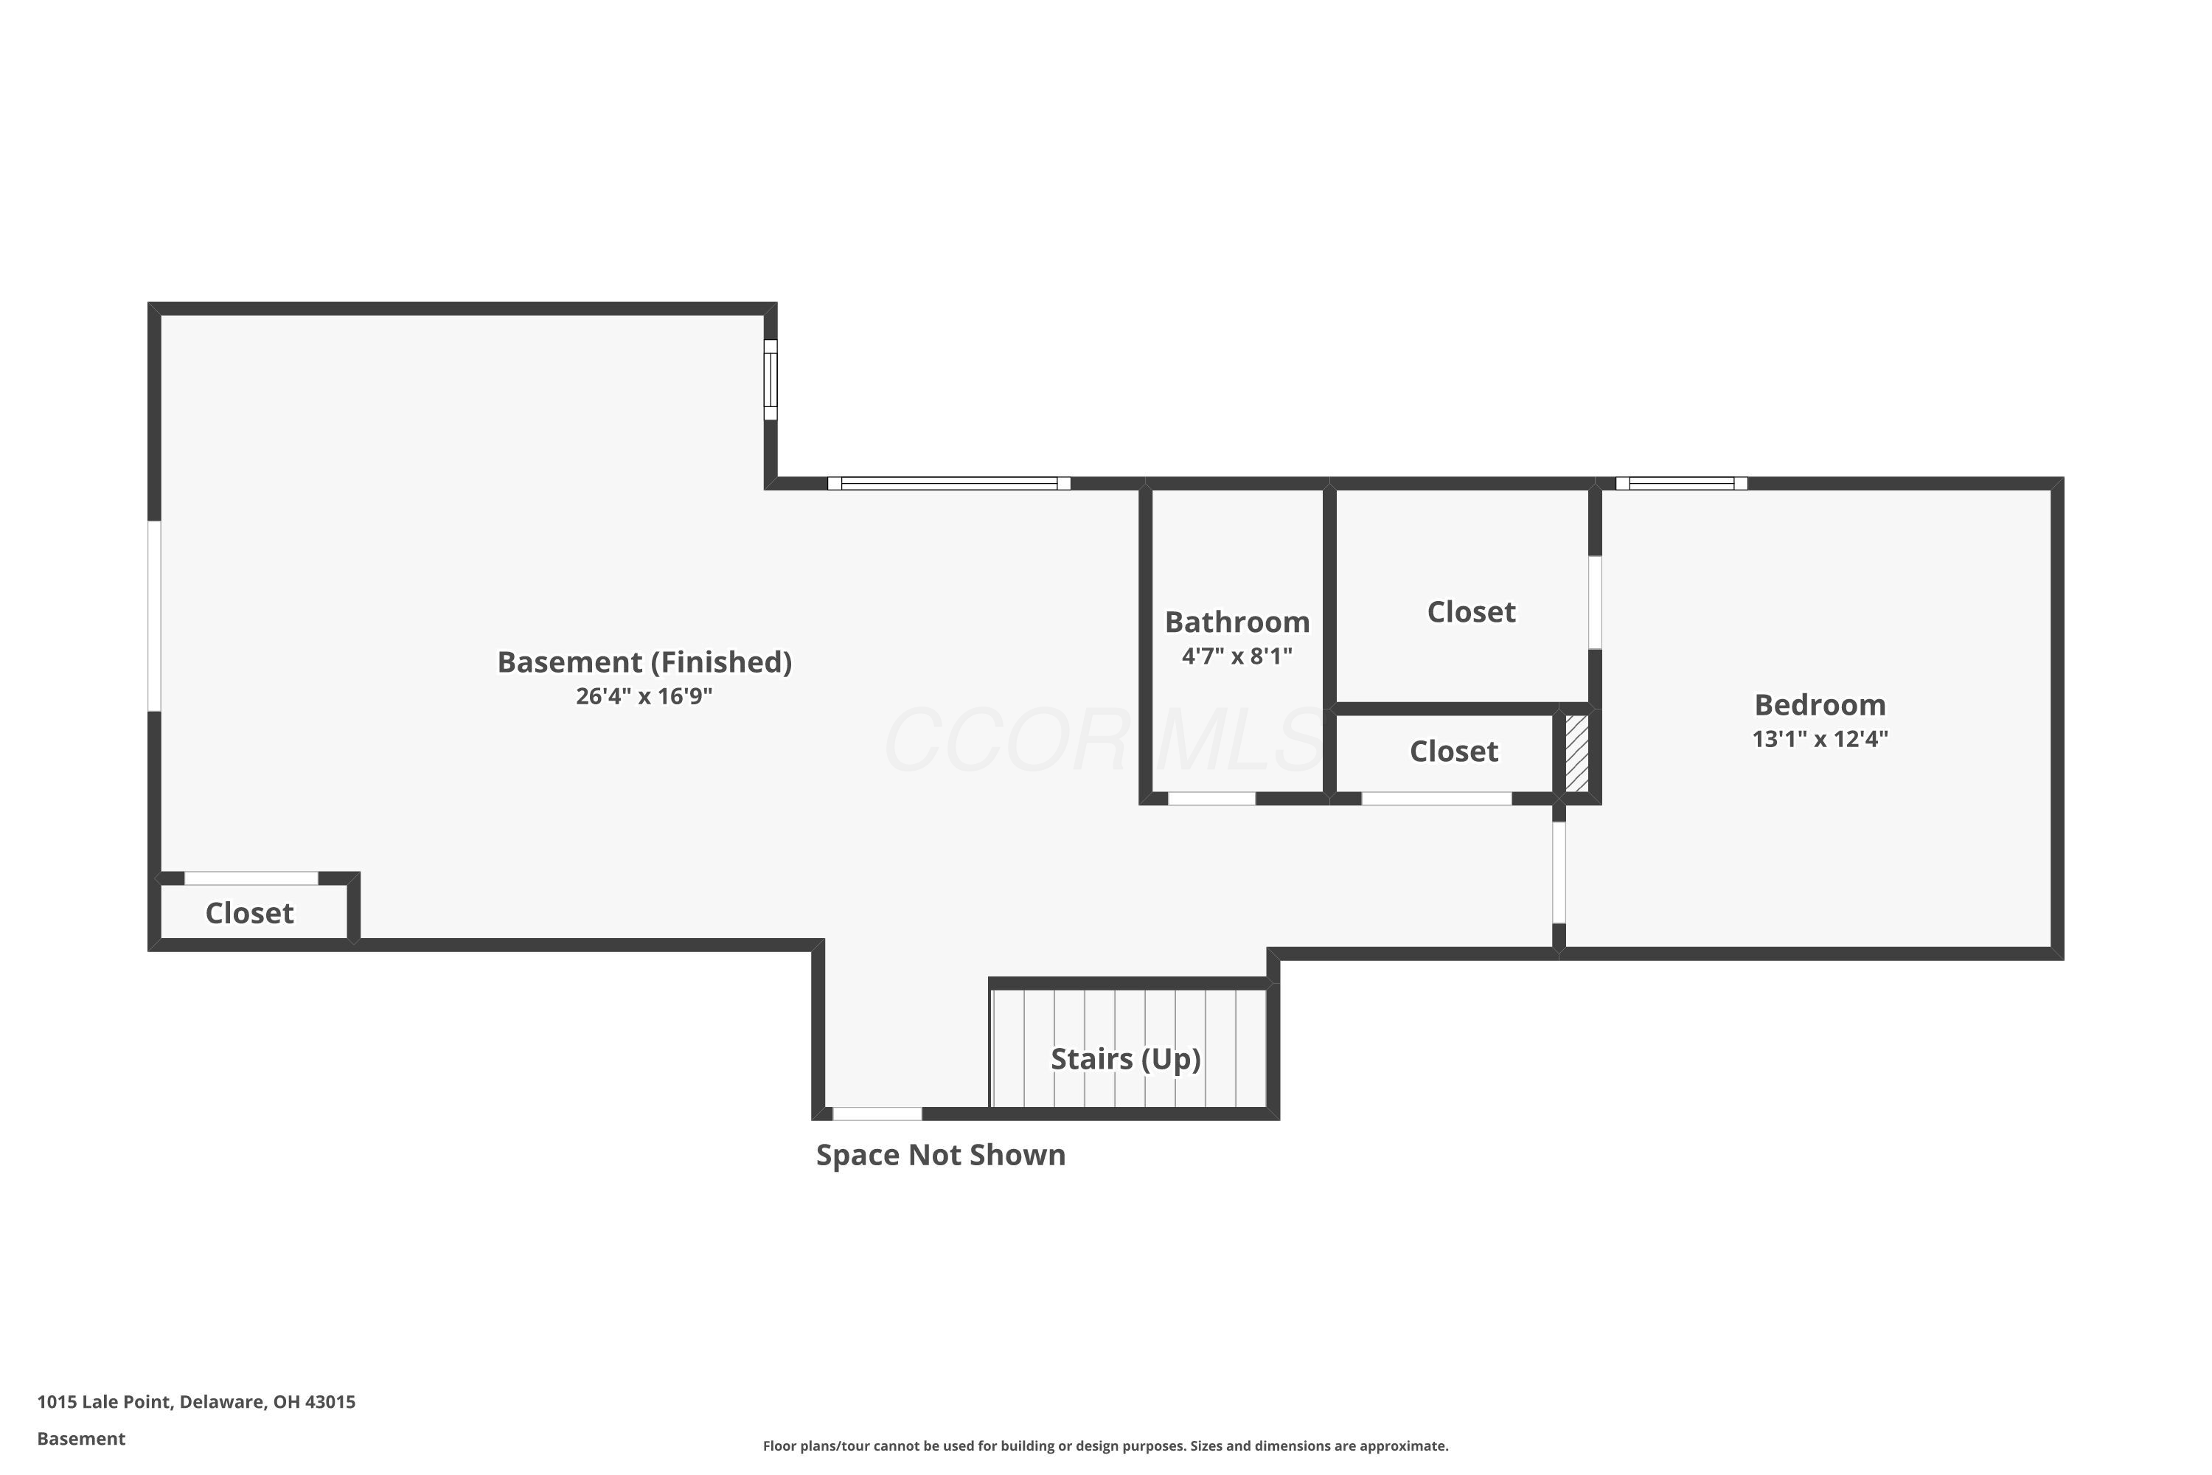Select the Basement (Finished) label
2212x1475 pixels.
[644, 662]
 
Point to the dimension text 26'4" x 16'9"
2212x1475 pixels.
[644, 696]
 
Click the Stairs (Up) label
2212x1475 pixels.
[1126, 1059]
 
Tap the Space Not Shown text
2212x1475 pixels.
[941, 1154]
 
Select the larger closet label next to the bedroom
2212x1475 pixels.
[1471, 611]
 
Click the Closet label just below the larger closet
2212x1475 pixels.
[1453, 751]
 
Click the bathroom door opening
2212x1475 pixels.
[1211, 799]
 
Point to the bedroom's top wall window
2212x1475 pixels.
[1682, 484]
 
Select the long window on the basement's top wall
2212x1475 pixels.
[949, 484]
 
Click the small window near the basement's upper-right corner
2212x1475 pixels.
[771, 380]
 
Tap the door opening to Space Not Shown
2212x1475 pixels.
[877, 1114]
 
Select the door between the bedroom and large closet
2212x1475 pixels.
[1595, 602]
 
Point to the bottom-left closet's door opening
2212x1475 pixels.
[251, 878]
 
